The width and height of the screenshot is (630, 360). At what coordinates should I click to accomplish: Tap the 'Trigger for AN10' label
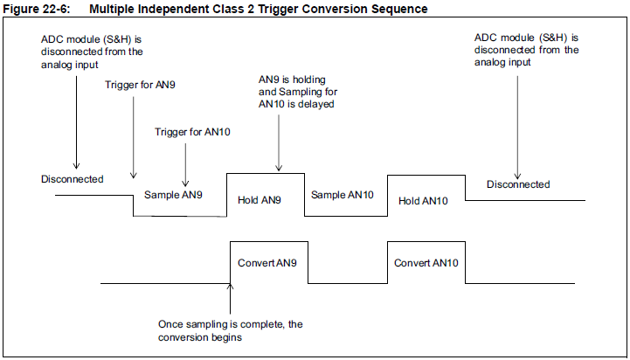pos(187,131)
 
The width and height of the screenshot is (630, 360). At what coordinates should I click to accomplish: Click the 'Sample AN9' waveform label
pos(174,194)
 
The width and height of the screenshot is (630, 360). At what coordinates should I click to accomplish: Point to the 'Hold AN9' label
pos(260,200)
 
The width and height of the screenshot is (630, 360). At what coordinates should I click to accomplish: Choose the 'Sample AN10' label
pos(343,194)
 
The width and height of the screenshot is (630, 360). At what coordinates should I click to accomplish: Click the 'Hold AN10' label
pos(423,200)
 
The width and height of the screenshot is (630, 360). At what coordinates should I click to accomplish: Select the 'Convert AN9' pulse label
pos(267,262)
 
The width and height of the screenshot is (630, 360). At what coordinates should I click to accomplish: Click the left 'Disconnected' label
pos(72,179)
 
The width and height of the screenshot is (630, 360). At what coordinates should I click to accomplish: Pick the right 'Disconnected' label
pos(518,184)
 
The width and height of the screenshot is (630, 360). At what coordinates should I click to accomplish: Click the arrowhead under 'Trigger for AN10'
pos(186,176)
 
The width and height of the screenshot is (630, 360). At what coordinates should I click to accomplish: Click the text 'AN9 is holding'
pos(291,78)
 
